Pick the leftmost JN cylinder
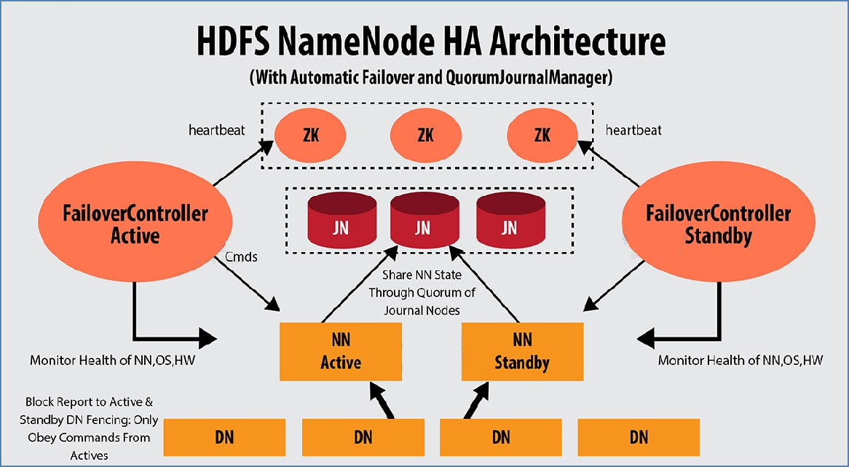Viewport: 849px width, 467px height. [341, 220]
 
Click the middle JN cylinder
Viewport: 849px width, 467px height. [424, 220]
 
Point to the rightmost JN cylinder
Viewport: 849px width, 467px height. [510, 220]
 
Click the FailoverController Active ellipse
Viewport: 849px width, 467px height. [135, 221]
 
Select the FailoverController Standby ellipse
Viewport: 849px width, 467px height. [718, 221]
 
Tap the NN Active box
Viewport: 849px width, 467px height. [341, 352]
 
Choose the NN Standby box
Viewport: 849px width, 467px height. [522, 352]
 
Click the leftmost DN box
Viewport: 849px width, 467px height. [224, 437]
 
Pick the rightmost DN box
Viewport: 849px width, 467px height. [639, 437]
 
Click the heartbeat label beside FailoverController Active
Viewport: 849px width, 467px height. [216, 130]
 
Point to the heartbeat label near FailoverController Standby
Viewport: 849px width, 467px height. [633, 130]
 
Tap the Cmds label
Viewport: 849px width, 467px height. [241, 256]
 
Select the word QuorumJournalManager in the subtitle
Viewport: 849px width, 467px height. [529, 77]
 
